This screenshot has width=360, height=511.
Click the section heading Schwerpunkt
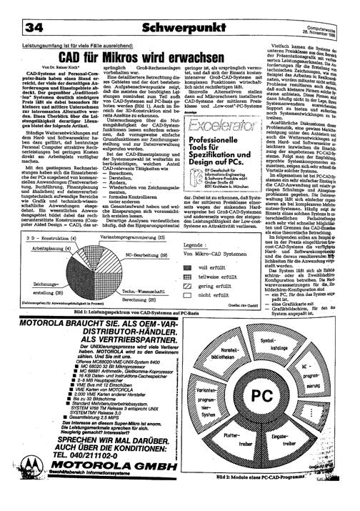click(x=180, y=10)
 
